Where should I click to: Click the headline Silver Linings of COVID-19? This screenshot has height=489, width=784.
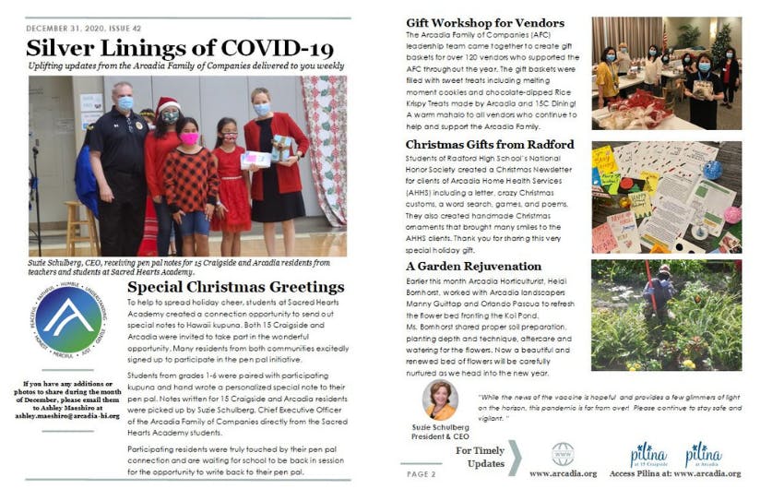tap(179, 48)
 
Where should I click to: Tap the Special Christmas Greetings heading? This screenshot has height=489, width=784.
tap(235, 287)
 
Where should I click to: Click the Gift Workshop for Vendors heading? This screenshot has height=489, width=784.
tap(483, 23)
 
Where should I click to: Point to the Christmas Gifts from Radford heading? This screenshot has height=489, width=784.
tap(490, 145)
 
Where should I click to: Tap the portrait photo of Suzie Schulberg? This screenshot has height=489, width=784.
tap(440, 400)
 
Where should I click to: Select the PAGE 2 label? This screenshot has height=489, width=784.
tap(422, 473)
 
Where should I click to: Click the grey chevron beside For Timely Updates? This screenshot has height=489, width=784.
tap(515, 457)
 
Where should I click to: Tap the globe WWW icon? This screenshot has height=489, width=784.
tap(563, 453)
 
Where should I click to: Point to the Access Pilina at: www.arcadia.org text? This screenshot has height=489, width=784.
tap(689, 473)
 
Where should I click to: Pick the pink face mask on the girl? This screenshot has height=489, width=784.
tap(189, 137)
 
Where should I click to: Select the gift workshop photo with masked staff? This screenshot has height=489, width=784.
tap(666, 72)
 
